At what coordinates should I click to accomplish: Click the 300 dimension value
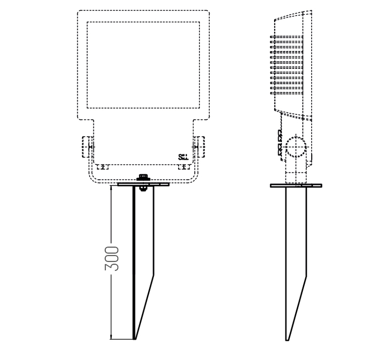tap(113, 258)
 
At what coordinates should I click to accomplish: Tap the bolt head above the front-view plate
tap(144, 177)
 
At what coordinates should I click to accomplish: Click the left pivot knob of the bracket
tap(87, 147)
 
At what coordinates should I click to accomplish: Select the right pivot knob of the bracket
tap(200, 147)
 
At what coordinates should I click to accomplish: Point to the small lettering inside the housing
tap(183, 157)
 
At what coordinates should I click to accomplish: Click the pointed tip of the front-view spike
tap(135, 339)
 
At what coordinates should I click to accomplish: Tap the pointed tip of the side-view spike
tap(287, 340)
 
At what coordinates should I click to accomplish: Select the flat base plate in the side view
tap(296, 185)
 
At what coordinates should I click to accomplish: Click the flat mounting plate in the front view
tap(143, 184)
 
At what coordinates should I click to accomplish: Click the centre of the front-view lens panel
tap(143, 64)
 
